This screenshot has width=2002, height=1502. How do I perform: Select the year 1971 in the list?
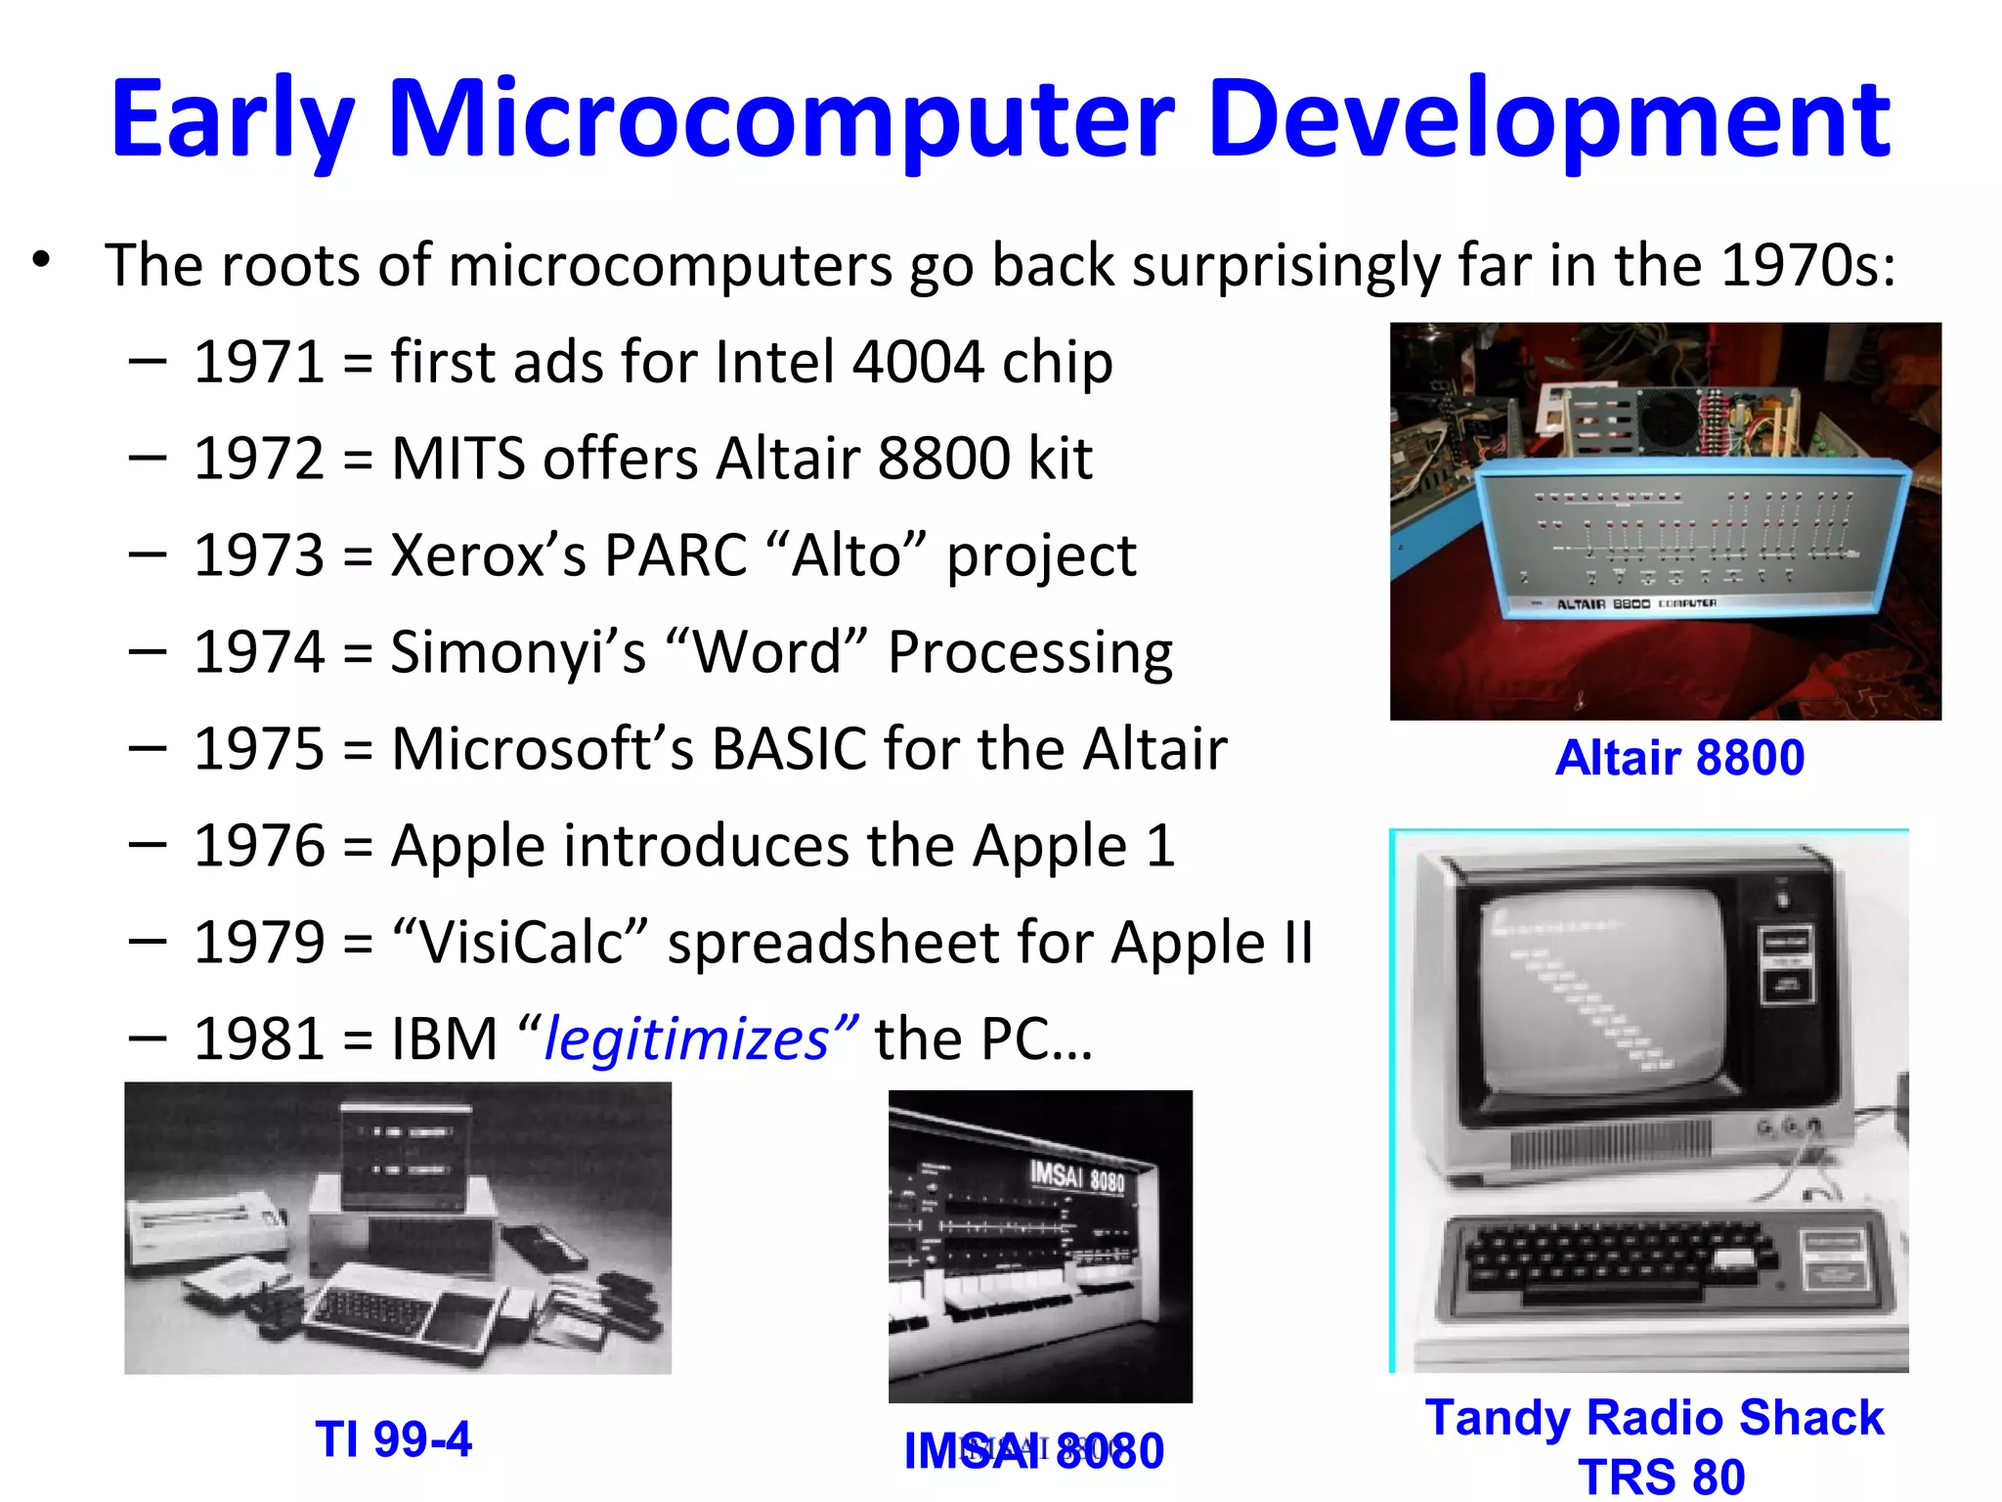259,362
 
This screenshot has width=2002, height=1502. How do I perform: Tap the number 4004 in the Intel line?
917,362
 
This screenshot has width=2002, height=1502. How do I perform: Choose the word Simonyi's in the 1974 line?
518,652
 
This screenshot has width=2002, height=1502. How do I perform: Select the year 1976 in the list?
259,846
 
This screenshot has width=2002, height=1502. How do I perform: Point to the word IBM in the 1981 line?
445,1038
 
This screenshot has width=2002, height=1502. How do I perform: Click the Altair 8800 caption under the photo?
1678,758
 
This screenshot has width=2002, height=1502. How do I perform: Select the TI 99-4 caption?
393,1439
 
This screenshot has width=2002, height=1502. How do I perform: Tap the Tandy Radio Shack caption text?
1654,1418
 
